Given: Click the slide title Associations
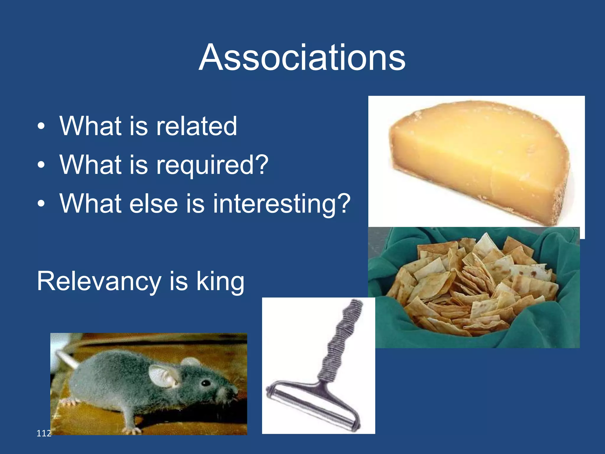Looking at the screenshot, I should [302, 57].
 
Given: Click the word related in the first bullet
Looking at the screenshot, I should [196, 126].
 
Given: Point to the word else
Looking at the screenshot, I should [153, 204].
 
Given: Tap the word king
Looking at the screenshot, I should [220, 282].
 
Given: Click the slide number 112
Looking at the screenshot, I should [43, 433].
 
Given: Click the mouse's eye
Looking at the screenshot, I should [205, 383].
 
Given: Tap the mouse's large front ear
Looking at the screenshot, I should [163, 376].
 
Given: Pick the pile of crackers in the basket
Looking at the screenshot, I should [473, 284].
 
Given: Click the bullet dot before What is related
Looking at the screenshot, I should [41, 127].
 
